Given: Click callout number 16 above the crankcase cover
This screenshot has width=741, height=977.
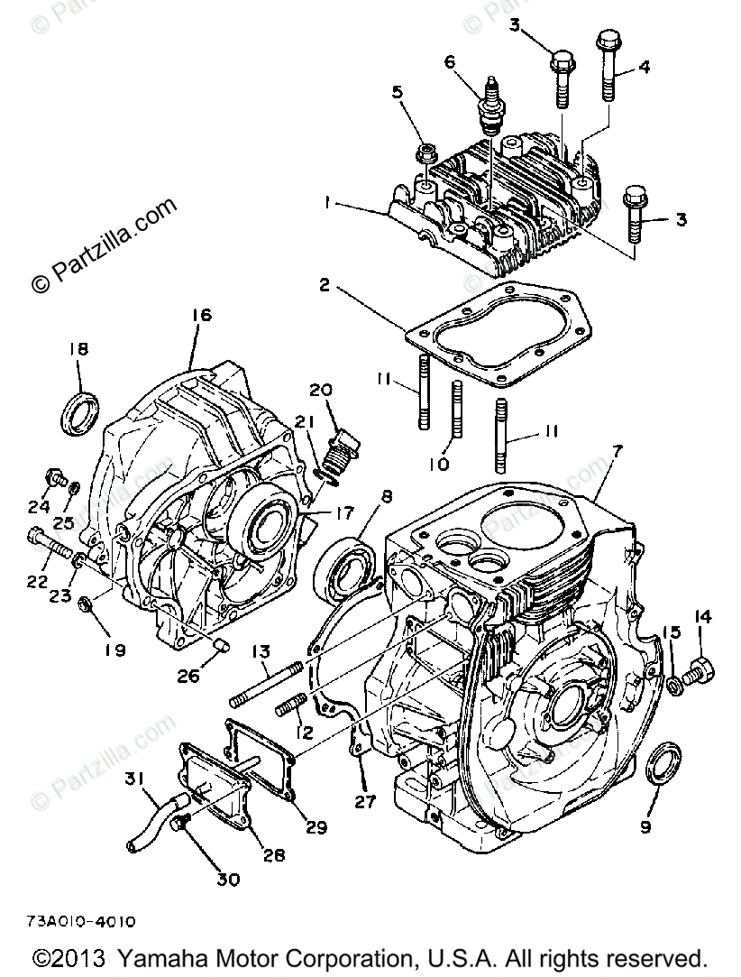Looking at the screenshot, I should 200,315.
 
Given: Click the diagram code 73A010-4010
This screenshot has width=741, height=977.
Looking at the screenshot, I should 81,922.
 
